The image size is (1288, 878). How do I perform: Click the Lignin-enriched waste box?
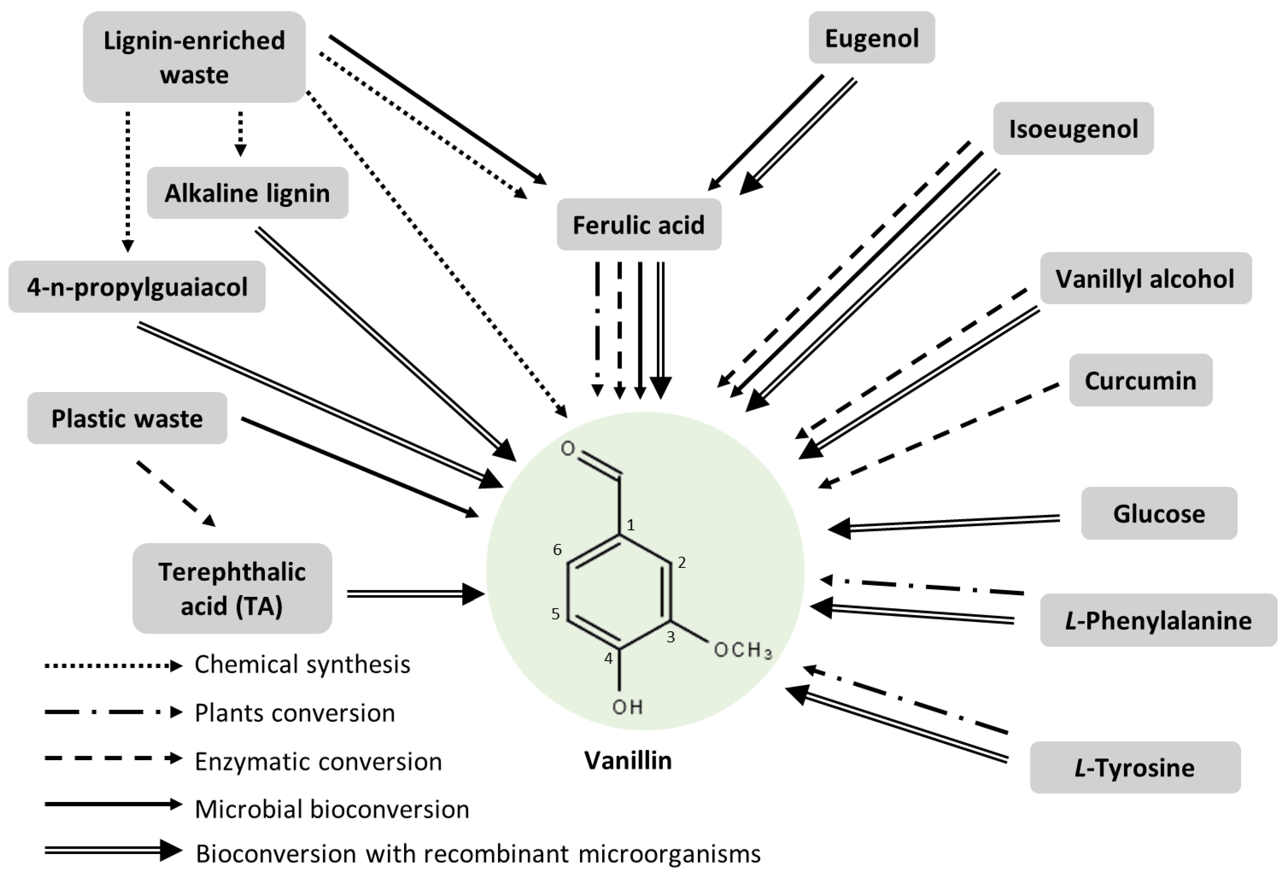(194, 57)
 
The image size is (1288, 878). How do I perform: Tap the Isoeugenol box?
(1073, 129)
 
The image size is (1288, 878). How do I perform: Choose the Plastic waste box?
(127, 418)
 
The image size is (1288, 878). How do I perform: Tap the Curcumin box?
(1140, 380)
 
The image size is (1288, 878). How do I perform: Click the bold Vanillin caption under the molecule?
(628, 761)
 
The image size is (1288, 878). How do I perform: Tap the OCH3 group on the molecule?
(743, 650)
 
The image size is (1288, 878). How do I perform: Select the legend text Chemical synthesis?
(302, 664)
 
